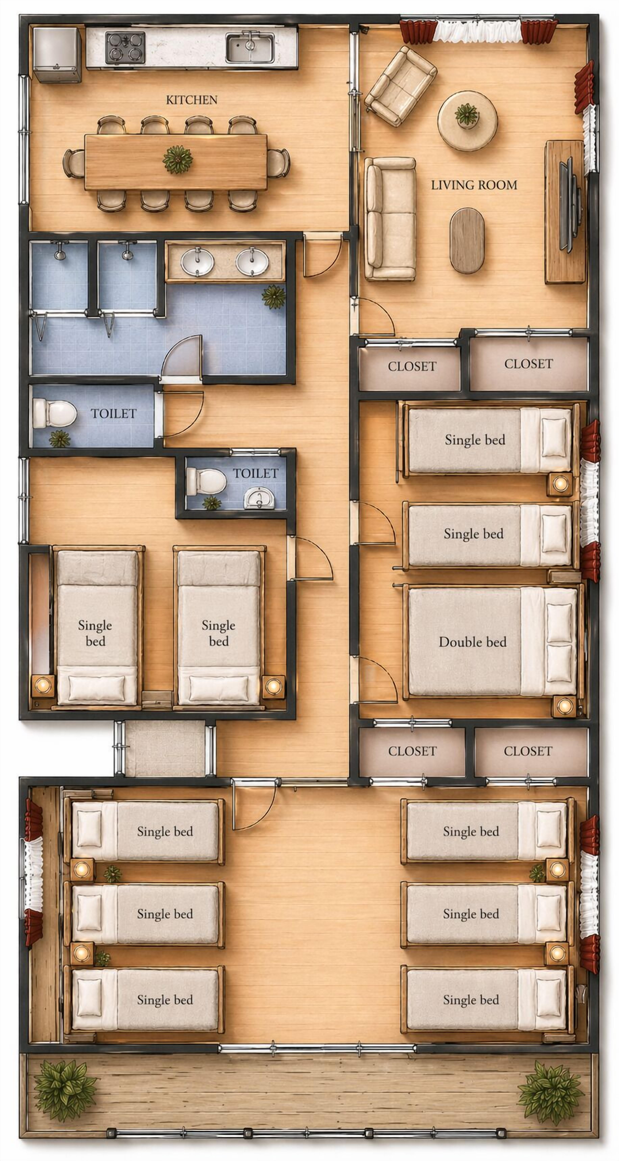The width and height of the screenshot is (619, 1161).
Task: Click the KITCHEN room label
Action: point(191,100)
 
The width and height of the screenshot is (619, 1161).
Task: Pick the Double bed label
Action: point(473,642)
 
